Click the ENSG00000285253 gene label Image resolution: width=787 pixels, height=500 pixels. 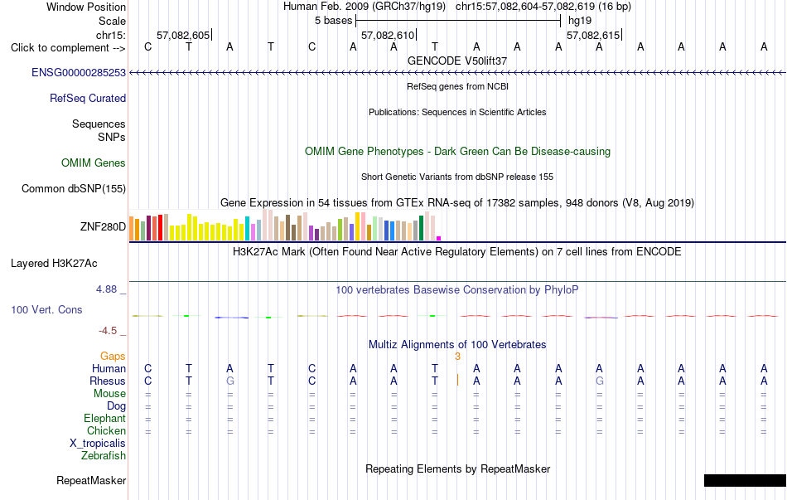pyautogui.click(x=79, y=72)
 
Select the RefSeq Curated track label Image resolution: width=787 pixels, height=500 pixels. pyautogui.click(x=88, y=98)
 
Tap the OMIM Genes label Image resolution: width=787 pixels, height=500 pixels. pyautogui.click(x=94, y=163)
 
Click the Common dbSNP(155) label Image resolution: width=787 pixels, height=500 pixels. pyautogui.click(x=74, y=188)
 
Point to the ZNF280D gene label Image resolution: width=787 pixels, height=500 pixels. pyautogui.click(x=103, y=226)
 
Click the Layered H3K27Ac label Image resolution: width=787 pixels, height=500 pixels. pyautogui.click(x=54, y=264)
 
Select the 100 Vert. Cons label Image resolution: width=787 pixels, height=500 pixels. pyautogui.click(x=46, y=309)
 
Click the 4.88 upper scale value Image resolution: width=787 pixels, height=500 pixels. pyautogui.click(x=106, y=289)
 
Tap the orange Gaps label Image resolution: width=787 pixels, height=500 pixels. pyautogui.click(x=113, y=357)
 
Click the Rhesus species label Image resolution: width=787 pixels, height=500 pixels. pyautogui.click(x=108, y=381)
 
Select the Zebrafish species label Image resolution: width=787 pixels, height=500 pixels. pyautogui.click(x=104, y=456)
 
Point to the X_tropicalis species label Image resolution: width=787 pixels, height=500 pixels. pyautogui.click(x=98, y=444)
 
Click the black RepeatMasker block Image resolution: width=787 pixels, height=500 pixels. pyautogui.click(x=745, y=480)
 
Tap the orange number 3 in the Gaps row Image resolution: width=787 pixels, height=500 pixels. pyautogui.click(x=457, y=357)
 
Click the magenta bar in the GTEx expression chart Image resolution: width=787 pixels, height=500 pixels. pyautogui.click(x=439, y=238)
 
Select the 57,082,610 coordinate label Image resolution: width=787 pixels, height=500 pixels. pyautogui.click(x=388, y=35)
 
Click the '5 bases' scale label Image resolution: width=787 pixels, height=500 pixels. pyautogui.click(x=333, y=21)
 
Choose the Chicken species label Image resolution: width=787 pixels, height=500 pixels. pyautogui.click(x=106, y=430)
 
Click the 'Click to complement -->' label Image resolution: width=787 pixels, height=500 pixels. pyautogui.click(x=68, y=48)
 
